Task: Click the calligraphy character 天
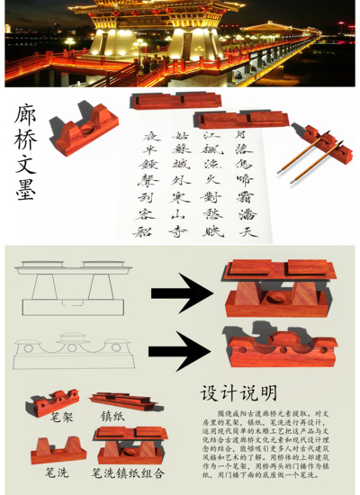(248, 231)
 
